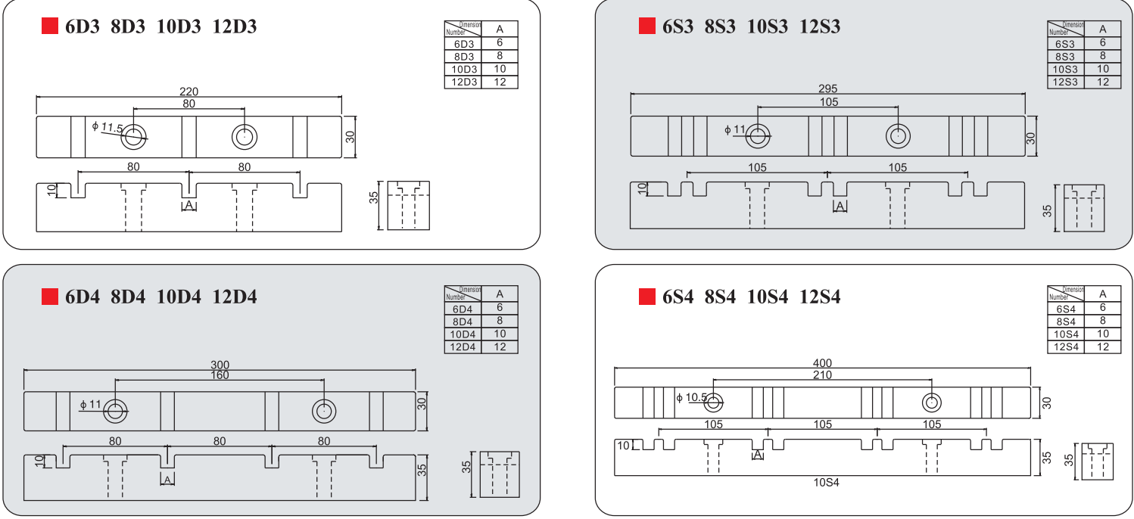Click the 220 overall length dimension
tap(188, 92)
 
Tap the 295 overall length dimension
tap(828, 89)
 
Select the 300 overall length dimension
tap(220, 365)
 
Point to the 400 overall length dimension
tap(822, 364)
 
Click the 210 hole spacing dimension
tap(822, 375)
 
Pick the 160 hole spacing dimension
tap(220, 375)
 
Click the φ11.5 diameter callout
tap(107, 127)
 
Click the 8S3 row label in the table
tap(1065, 57)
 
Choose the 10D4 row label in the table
tap(463, 334)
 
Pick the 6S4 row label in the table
tap(1065, 308)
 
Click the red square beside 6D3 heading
tap(50, 26)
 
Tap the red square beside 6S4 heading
tap(647, 297)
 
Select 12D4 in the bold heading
tap(235, 297)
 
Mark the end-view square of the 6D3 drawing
tap(408, 206)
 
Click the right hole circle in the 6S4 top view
tap(930, 401)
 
